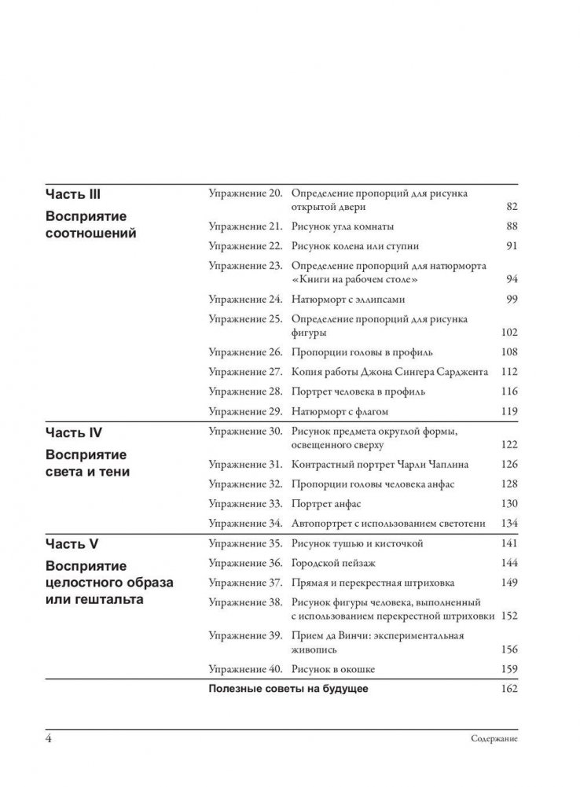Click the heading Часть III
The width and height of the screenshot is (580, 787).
pyautogui.click(x=74, y=193)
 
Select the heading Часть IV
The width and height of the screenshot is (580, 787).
pyautogui.click(x=74, y=432)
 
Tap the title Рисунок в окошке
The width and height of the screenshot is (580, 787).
pyautogui.click(x=332, y=669)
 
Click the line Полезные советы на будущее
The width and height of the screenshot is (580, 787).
pyautogui.click(x=288, y=690)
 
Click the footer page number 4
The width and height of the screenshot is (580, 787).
pyautogui.click(x=50, y=738)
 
